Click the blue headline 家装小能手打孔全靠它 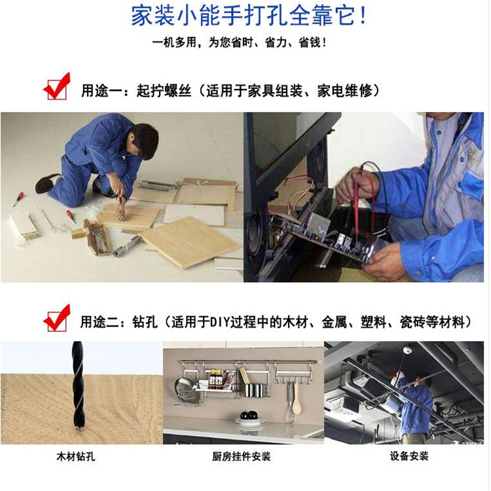click(x=248, y=16)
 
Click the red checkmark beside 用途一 click(x=57, y=86)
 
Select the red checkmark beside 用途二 click(x=57, y=318)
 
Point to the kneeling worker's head click(x=143, y=140)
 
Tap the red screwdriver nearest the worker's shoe click(x=19, y=199)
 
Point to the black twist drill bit click(x=78, y=386)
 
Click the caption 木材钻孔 click(x=75, y=456)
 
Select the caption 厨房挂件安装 click(x=241, y=456)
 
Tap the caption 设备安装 click(x=409, y=456)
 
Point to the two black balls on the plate click(x=249, y=416)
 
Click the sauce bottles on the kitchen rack click(x=217, y=377)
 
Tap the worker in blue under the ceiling click(x=412, y=407)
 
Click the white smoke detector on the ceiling click(x=407, y=350)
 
